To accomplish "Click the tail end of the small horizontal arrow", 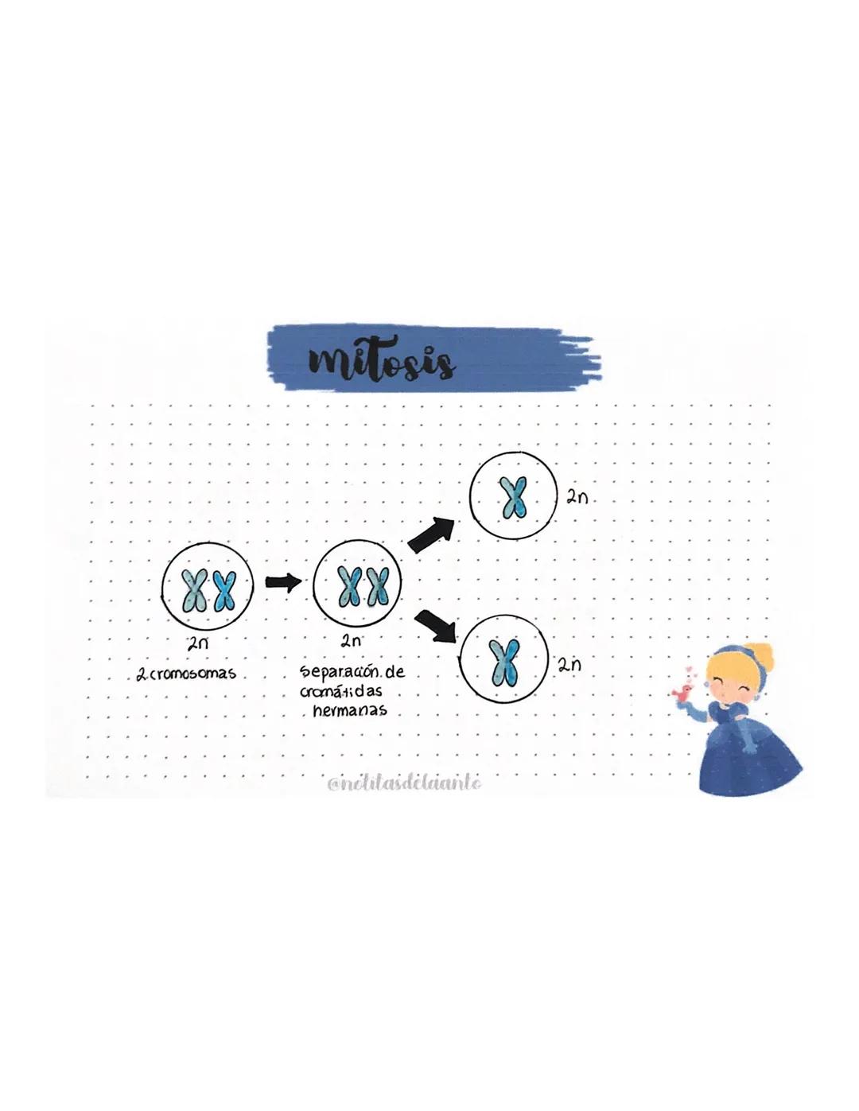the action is pos(266,581).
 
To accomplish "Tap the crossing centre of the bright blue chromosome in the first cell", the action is pos(223,592).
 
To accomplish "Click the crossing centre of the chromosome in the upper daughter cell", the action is pos(513,498).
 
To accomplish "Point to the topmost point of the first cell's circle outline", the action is pos(207,545).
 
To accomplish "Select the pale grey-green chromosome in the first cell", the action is pos(193,592).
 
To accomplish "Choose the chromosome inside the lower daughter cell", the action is pos(504,662).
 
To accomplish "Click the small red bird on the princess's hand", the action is pos(681,693).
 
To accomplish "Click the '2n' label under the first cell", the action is pos(197,643).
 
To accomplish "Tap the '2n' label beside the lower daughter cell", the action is pos(569,665).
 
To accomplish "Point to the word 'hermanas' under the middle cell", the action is pos(350,710).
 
